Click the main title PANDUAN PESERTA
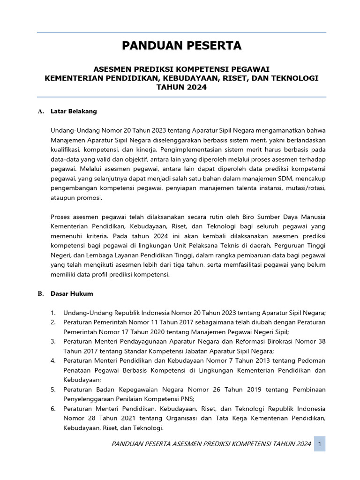181,46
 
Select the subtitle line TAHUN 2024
181,87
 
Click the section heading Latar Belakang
74,111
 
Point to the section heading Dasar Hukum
72,293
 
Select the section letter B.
40,293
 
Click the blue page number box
320,443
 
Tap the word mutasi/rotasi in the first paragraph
308,188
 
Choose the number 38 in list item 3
321,341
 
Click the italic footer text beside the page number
211,444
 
